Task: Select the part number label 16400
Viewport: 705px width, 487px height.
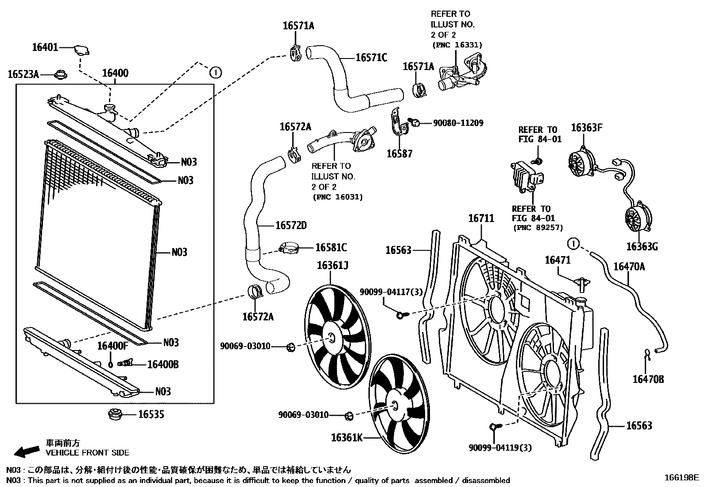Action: click(115, 73)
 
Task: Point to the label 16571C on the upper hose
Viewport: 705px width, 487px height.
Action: click(371, 58)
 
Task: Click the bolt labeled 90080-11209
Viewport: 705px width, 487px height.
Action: click(414, 122)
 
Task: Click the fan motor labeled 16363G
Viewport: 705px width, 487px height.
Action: click(638, 218)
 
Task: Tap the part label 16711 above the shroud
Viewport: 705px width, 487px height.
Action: click(481, 218)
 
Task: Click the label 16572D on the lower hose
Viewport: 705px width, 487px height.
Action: click(291, 226)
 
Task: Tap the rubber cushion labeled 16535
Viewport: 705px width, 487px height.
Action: click(116, 415)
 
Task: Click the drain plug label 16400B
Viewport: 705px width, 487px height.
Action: click(163, 364)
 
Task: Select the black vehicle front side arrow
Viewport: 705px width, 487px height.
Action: click(26, 451)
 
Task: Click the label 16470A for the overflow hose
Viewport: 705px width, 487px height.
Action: click(629, 266)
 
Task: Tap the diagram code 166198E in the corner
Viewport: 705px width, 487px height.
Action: click(681, 478)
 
